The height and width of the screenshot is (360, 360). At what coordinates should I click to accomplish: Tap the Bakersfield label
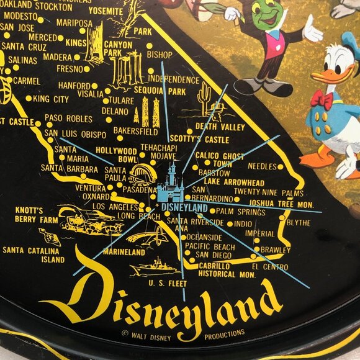136,130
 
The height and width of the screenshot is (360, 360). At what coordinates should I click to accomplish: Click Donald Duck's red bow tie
322,99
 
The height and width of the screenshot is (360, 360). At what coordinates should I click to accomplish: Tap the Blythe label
299,222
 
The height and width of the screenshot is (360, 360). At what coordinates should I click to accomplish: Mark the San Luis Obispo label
75,133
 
